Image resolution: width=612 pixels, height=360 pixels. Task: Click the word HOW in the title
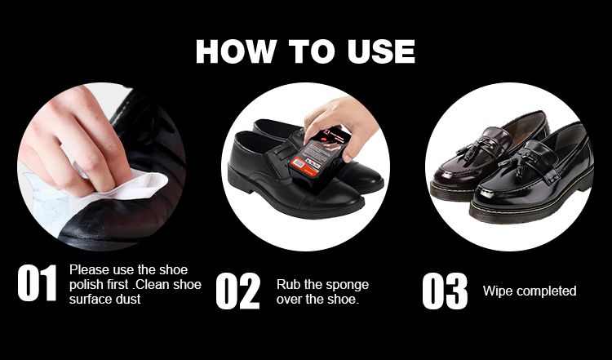(235, 51)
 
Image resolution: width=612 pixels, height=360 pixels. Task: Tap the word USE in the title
(381, 51)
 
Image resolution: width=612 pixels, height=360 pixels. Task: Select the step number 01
(37, 282)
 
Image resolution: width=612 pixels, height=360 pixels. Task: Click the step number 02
(237, 291)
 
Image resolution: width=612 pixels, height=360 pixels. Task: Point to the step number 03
(445, 291)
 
